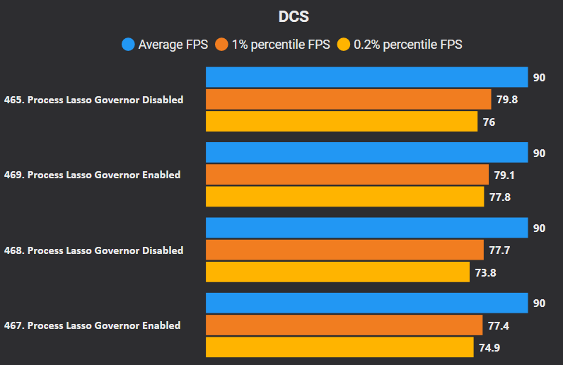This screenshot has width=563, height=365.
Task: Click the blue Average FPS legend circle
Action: point(128,45)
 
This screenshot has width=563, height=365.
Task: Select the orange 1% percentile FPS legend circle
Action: point(221,45)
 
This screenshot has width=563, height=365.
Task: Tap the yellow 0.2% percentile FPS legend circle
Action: point(344,45)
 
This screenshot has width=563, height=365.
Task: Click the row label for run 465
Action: point(93,100)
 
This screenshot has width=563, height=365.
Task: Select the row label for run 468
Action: point(93,250)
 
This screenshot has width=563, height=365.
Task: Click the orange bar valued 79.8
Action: point(348,100)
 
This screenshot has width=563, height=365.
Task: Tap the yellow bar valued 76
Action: point(342,122)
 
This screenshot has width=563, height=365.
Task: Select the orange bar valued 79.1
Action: point(347,175)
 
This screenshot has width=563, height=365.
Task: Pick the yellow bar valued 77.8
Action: point(344,197)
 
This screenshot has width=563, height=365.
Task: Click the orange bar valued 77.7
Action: point(344,250)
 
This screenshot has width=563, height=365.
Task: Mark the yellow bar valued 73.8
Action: point(337,272)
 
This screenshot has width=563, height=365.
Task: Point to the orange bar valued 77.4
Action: point(344,325)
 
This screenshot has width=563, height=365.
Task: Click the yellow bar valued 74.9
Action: point(339,347)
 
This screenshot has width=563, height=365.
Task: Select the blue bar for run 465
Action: point(366,77)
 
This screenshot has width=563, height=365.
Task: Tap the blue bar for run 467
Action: point(366,303)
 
